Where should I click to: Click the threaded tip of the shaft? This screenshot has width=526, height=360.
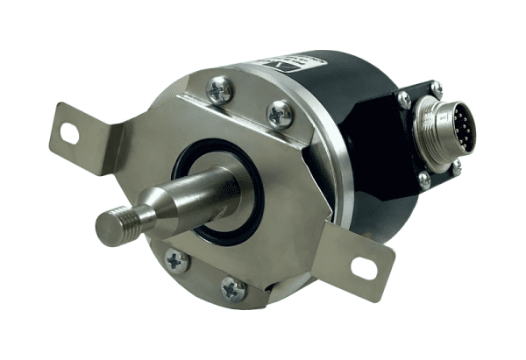click(x=112, y=225)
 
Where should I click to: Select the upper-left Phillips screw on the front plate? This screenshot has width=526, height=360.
click(x=219, y=88)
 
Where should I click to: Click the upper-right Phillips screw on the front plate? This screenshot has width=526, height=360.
click(x=280, y=113)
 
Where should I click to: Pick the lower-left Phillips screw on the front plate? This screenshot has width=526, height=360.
click(x=176, y=260)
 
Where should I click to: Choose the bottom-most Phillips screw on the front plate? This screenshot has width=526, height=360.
click(x=234, y=289)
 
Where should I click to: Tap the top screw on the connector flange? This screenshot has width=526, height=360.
click(x=436, y=88)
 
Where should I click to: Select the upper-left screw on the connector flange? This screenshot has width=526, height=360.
click(x=404, y=100)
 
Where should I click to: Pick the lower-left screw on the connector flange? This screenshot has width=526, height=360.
click(x=423, y=179)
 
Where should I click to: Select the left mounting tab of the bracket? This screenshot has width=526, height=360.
click(x=83, y=140)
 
